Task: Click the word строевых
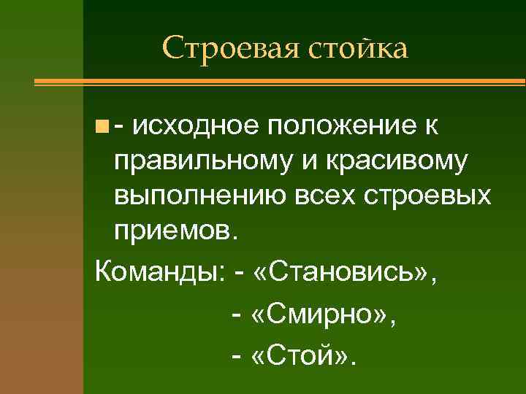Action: click(424, 198)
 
